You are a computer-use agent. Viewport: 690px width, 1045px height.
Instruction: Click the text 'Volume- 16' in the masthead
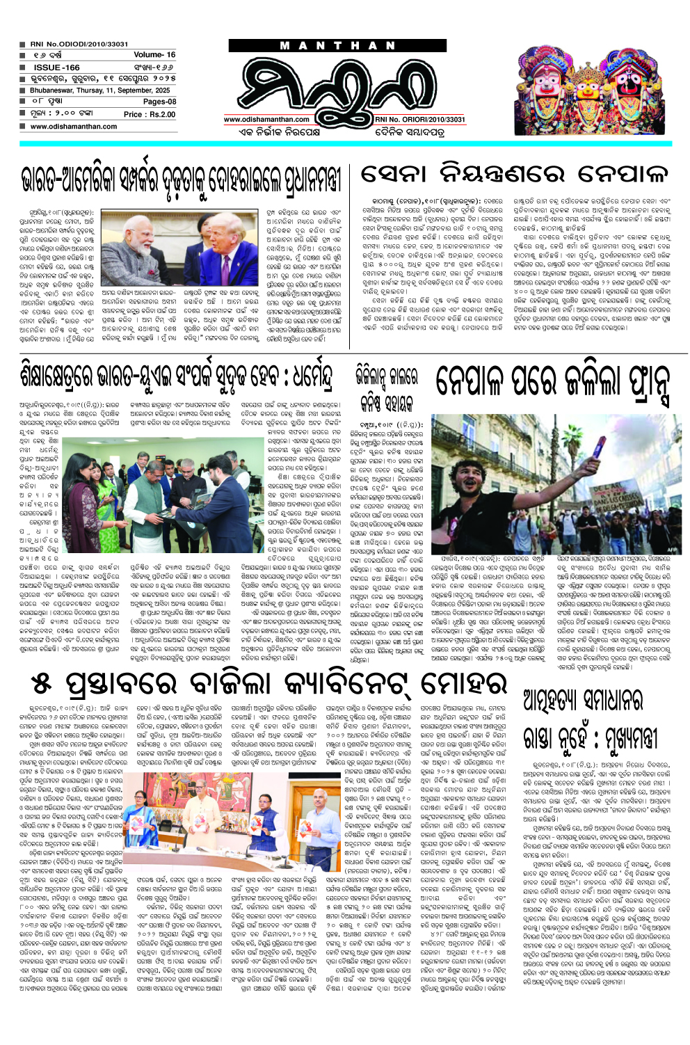pos(154,55)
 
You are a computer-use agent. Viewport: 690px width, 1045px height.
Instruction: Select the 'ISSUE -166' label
pos(56,67)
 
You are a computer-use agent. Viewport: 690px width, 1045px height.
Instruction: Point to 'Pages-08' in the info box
pos(159,102)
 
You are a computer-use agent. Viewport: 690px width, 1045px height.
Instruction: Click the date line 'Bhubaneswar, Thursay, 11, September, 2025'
pos(99,90)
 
